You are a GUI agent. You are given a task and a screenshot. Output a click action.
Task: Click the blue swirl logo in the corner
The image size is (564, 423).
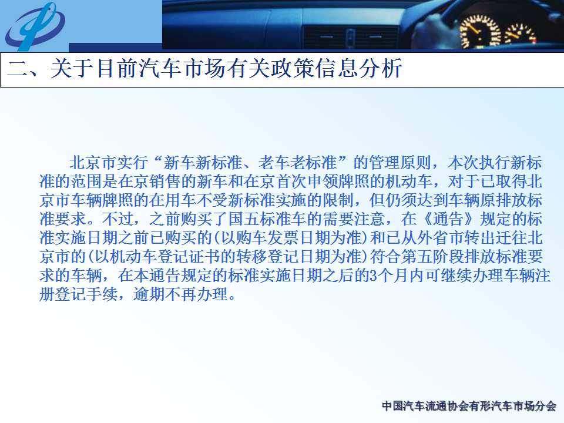35,26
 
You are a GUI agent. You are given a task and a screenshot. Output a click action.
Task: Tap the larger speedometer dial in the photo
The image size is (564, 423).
481,32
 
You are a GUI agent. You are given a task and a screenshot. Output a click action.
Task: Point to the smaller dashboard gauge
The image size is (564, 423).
520,34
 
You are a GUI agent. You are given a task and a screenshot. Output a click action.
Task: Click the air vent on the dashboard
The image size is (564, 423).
351,36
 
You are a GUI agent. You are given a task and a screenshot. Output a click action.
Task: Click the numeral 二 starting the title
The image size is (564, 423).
18,69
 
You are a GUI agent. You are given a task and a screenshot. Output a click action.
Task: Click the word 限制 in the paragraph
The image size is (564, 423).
338,200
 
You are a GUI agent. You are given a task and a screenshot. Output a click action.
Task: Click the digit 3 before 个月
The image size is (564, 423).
373,276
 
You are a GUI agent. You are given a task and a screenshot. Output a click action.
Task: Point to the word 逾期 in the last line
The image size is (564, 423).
149,294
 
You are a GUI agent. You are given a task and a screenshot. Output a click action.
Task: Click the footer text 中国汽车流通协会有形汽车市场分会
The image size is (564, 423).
469,406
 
